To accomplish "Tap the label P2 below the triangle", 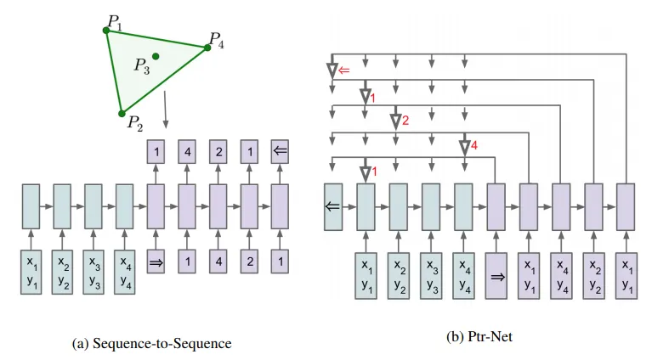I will pos(134,124).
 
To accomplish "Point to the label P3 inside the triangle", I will pos(141,66).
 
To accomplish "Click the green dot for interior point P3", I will pos(156,56).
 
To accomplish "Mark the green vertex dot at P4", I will pos(207,48).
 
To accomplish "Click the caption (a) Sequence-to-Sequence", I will pos(153,343).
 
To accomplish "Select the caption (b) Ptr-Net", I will pos(479,336).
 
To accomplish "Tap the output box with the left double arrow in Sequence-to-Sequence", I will pos(281,152).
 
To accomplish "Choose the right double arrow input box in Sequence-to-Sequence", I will pos(156,262).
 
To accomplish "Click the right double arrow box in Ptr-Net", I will pos(496,275).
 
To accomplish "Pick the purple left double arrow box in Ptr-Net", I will pos(332,205).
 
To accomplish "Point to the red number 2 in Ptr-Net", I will pos(405,121).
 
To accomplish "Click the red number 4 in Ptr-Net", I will pos(474,146).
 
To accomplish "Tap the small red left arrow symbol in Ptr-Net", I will pos(344,70).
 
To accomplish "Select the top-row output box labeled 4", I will pos(187,152).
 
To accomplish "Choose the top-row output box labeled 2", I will pos(218,152).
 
